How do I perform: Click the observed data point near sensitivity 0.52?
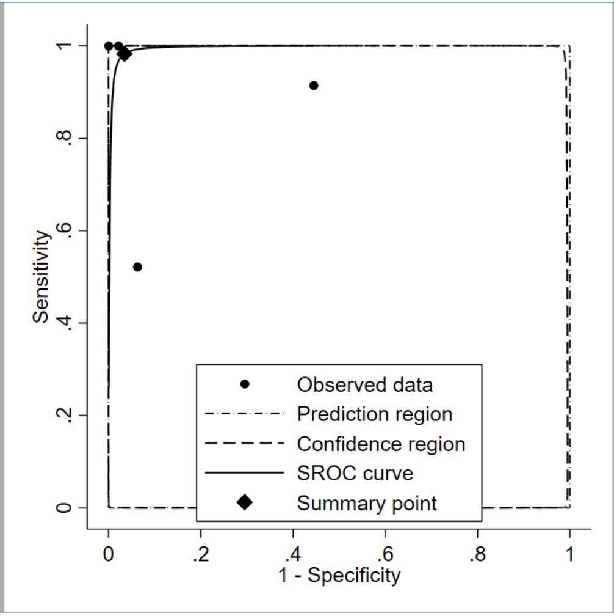(x=137, y=267)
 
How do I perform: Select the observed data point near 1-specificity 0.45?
(x=314, y=86)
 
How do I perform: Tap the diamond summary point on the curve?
(x=125, y=54)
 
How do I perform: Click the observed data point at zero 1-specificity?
(x=109, y=46)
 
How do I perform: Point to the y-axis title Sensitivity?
(x=41, y=276)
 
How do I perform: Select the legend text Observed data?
(x=364, y=385)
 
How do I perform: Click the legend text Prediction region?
(x=375, y=414)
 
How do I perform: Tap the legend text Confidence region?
(x=381, y=444)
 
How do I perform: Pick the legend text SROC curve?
(x=355, y=474)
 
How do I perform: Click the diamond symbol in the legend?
(x=245, y=502)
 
